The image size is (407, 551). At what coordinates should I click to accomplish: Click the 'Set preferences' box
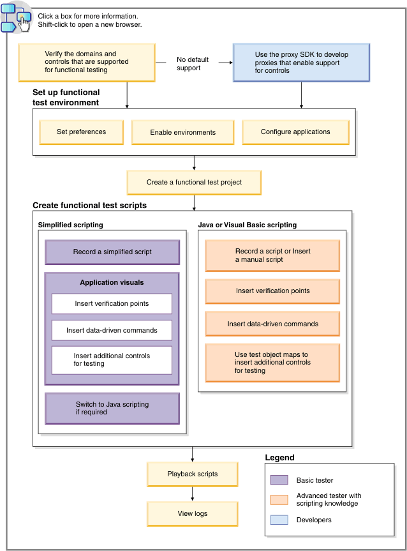point(81,132)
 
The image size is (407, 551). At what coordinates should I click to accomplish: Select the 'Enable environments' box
point(182,132)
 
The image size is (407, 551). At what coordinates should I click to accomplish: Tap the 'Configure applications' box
point(295,132)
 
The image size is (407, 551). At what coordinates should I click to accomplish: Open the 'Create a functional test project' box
point(194,182)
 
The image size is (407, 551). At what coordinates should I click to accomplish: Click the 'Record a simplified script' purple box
point(112,252)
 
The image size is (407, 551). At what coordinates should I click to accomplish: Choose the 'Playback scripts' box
point(192,474)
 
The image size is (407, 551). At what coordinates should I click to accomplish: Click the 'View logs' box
point(192,513)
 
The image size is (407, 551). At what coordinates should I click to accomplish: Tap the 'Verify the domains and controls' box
point(87,62)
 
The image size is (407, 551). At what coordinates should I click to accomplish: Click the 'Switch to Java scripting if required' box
point(112,408)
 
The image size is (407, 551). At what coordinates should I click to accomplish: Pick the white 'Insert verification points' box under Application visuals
point(112,303)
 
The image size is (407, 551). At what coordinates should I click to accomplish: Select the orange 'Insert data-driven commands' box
point(272,324)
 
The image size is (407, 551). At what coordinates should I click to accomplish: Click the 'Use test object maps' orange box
point(272,362)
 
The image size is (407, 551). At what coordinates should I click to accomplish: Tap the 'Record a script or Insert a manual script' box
point(272,255)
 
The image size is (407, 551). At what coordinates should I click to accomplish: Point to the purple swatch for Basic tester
point(279,480)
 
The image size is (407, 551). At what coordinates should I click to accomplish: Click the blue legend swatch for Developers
point(279,520)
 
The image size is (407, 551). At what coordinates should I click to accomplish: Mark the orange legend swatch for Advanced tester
point(279,500)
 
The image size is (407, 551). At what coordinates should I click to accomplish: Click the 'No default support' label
point(189,63)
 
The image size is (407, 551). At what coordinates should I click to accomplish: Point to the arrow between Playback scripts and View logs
point(192,494)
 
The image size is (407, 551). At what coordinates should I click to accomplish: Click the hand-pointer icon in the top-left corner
point(23,23)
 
